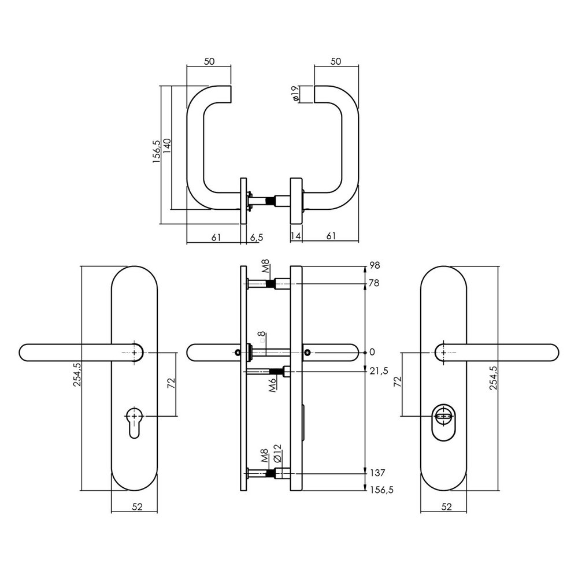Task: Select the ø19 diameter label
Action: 295,94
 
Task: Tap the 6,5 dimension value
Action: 257,236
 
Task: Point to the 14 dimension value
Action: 295,236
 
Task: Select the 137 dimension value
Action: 377,472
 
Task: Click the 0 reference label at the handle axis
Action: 372,352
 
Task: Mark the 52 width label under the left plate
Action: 137,507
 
